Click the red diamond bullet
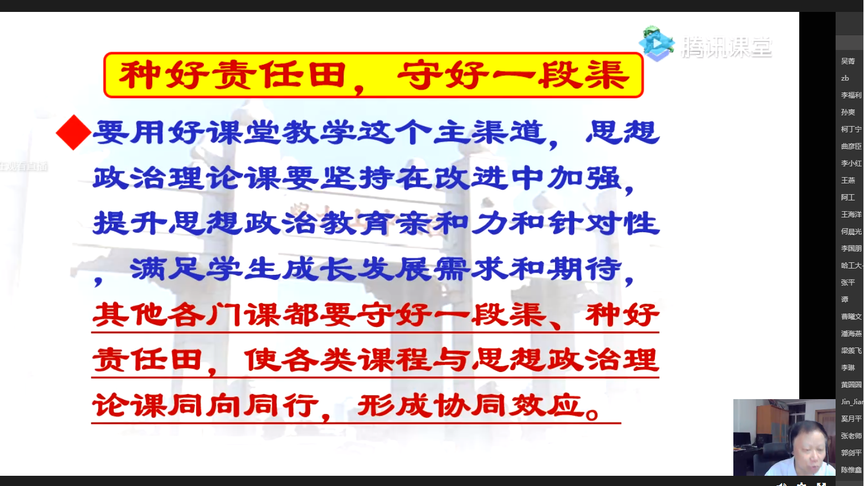73,132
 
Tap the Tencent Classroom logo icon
656,44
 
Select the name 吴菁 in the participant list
848,61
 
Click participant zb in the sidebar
845,78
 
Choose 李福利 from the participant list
850,95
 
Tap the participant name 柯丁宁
850,129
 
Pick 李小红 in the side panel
850,164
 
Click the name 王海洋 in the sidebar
850,215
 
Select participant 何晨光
850,232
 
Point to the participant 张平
848,283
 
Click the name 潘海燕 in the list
850,334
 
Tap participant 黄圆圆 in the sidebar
850,385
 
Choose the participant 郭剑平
850,453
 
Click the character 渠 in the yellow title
608,75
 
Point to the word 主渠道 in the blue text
489,133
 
